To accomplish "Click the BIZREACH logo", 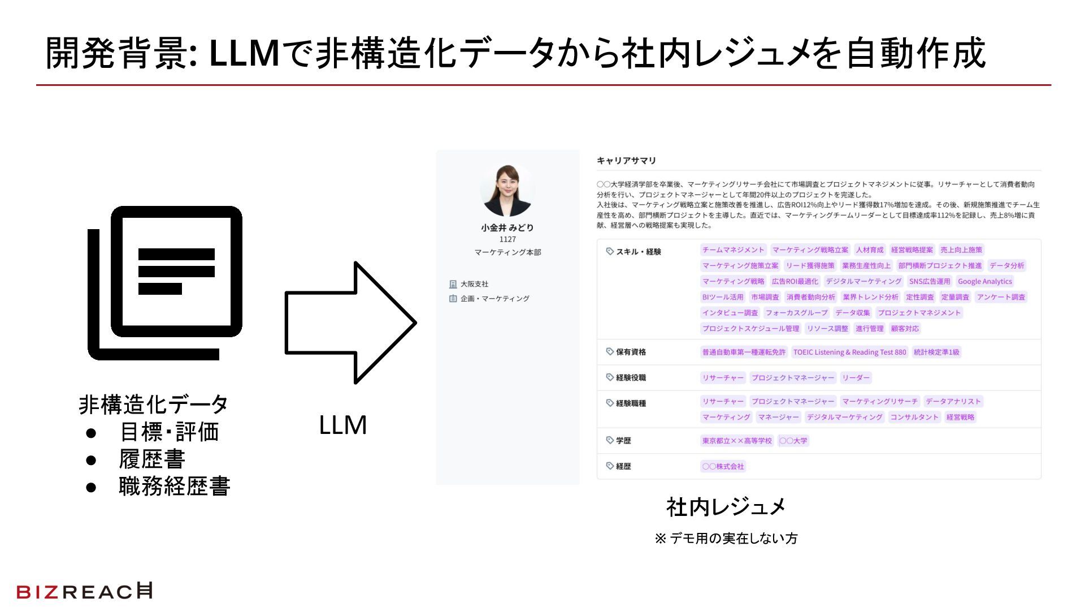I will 84,591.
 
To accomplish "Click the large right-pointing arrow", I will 350,322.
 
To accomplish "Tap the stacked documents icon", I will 165,283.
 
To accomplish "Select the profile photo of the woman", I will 507,191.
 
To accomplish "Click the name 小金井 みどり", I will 507,227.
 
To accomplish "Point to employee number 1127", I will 507,239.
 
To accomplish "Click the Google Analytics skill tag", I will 984,281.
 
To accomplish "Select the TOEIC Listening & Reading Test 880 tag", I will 849,352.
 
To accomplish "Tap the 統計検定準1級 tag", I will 936,352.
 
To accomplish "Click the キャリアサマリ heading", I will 626,161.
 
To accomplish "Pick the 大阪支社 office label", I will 474,284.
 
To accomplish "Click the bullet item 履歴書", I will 152,459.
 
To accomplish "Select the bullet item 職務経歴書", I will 174,487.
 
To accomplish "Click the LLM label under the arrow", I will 342,425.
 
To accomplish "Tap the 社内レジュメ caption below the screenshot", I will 726,507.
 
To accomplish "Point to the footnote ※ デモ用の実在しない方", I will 726,539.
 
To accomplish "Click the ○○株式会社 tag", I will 723,466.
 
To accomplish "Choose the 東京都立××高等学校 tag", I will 737,441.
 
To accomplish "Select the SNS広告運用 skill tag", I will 930,281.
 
